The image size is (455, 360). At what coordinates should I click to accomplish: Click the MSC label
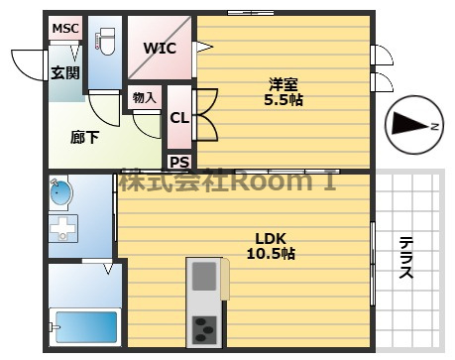coord(65,29)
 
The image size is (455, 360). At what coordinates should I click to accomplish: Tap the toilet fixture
coord(106,42)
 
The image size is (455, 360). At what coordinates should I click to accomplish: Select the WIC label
coord(160,49)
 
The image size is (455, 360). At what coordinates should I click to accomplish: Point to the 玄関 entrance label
coord(65,72)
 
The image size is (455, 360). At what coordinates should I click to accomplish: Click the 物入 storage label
coord(144,98)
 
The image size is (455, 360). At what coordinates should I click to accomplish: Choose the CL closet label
coord(179,118)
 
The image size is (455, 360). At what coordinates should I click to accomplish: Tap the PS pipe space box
coord(179,163)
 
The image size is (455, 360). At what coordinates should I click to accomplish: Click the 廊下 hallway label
coord(84,137)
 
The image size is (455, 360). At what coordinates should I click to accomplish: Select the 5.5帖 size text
coord(284,99)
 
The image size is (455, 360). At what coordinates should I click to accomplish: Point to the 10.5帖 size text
coord(271,254)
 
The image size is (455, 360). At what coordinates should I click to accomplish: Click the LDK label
coord(271,238)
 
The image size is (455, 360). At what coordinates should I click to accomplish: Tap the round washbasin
coord(60,193)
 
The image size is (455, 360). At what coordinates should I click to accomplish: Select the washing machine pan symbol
coord(63,228)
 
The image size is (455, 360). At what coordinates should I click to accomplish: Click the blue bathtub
coord(86,327)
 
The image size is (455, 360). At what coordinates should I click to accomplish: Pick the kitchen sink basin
coord(204,276)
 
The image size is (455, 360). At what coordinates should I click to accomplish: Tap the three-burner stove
coord(204,329)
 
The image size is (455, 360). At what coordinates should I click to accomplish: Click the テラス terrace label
coord(405,258)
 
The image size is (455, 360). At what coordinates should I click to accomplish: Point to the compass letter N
coord(434,126)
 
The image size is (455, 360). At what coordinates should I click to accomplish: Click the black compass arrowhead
coord(410,124)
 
